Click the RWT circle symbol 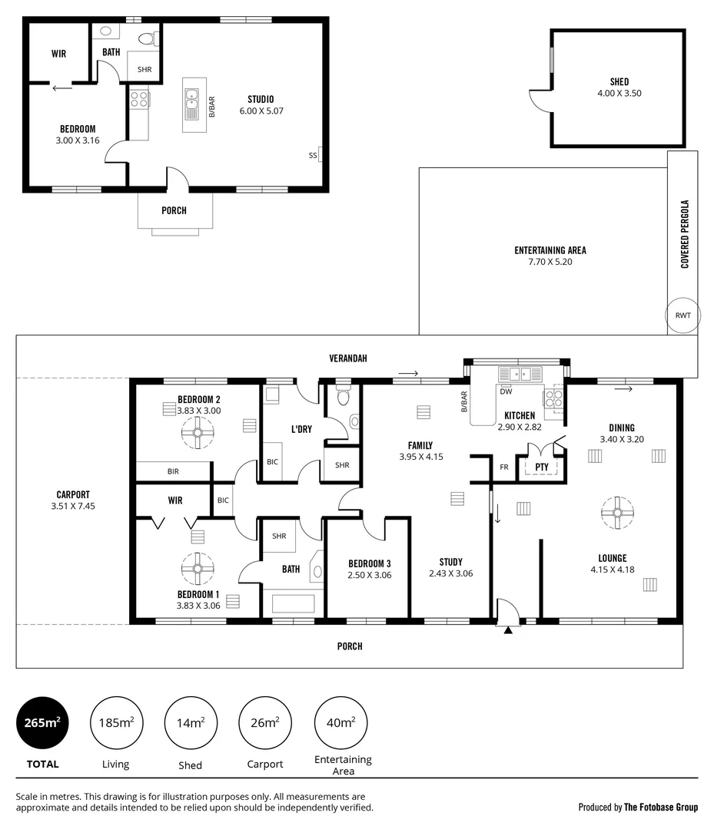point(683,316)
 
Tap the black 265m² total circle point(42,722)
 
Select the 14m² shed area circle point(190,722)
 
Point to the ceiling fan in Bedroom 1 point(198,569)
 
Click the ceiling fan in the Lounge point(616,513)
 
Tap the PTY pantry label point(541,466)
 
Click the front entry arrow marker point(507,629)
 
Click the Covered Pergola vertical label point(684,234)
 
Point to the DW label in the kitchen point(506,391)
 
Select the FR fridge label point(503,466)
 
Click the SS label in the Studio point(313,155)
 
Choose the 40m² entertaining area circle point(341,722)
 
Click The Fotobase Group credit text point(660,807)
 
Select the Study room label point(450,562)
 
